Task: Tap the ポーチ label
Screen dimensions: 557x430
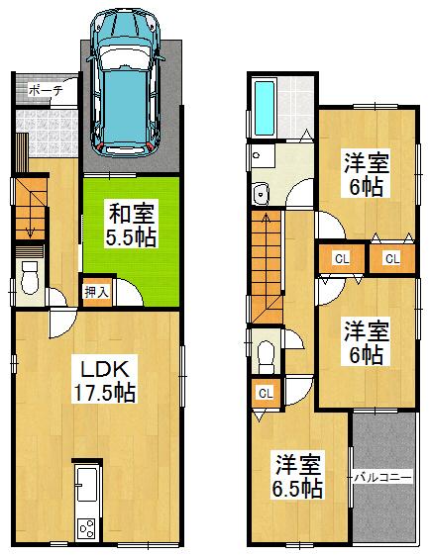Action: point(46,89)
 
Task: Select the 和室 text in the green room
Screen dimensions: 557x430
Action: point(130,213)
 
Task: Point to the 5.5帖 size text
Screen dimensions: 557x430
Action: point(130,237)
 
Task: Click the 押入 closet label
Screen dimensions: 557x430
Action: point(96,293)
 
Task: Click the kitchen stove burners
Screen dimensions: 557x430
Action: point(86,525)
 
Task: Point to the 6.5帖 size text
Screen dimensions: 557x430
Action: point(299,487)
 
